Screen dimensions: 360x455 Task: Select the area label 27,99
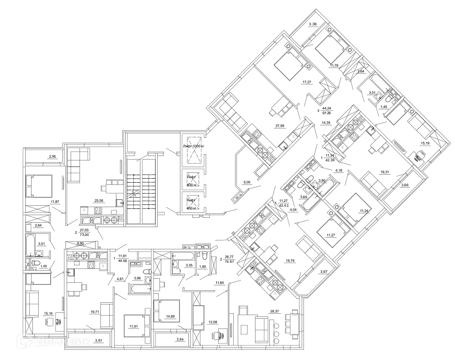[280, 126]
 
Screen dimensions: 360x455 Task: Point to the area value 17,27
[307, 82]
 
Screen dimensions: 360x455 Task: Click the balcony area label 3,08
[313, 24]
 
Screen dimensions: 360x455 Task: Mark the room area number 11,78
[334, 66]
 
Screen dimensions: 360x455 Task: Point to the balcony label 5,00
[247, 182]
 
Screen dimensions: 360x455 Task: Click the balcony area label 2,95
[53, 156]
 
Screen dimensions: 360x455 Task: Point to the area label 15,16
[49, 313]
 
